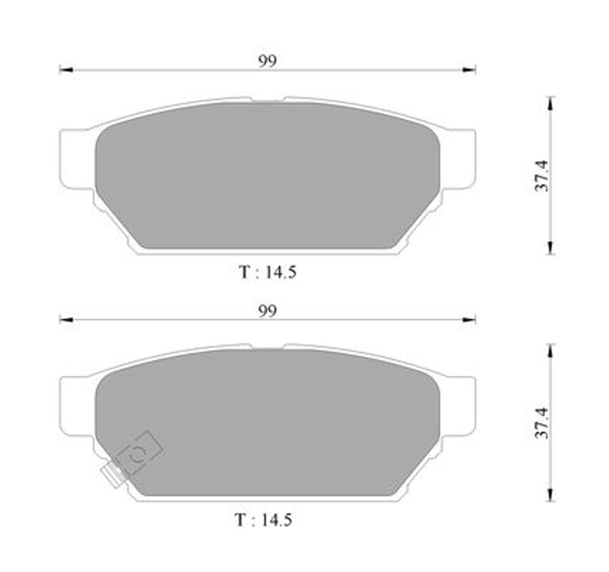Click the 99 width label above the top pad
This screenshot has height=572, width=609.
click(x=267, y=61)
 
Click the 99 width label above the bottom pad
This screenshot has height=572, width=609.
click(x=267, y=311)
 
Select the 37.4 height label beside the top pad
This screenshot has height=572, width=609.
click(x=541, y=176)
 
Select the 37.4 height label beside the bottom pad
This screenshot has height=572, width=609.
click(x=541, y=423)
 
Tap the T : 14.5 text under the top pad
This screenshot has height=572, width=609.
click(x=268, y=272)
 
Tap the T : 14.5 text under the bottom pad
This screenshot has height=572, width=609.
click(x=263, y=520)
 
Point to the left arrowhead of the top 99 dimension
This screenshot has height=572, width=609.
click(x=66, y=70)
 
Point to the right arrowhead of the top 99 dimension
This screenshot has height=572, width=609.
click(x=469, y=70)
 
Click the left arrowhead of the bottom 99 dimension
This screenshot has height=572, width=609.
click(x=66, y=320)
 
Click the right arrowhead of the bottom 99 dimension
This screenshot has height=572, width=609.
click(x=469, y=320)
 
